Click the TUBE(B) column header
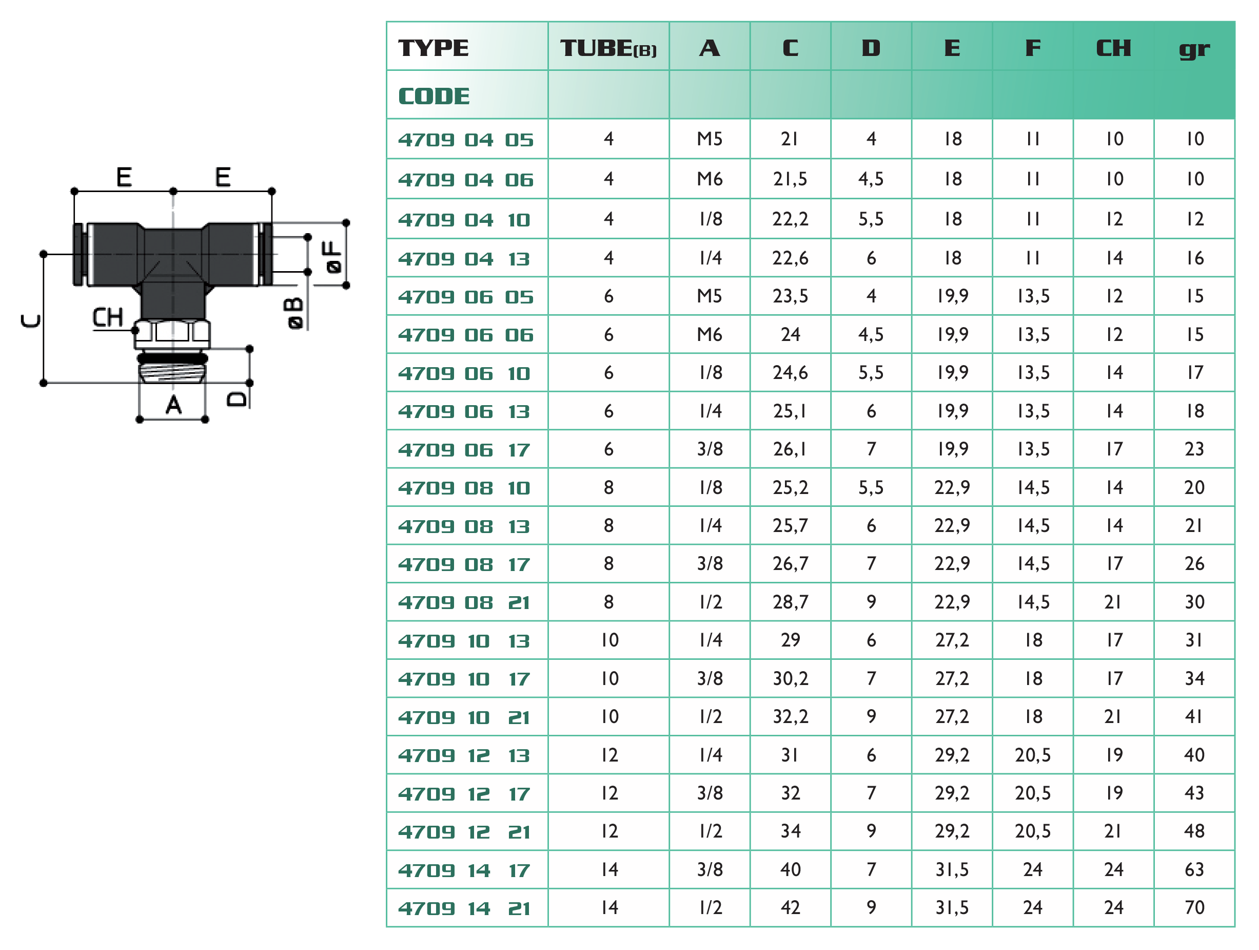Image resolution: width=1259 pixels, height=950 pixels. click(608, 48)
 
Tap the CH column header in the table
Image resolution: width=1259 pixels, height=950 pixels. click(1113, 48)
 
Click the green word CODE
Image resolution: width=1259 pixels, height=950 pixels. click(434, 96)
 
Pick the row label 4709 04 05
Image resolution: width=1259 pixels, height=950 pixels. click(465, 140)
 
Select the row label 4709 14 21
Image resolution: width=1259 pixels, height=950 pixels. click(464, 908)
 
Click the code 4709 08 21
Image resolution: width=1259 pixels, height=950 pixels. click(464, 602)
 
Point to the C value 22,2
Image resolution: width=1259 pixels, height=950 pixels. click(790, 219)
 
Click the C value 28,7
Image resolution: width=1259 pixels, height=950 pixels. click(790, 602)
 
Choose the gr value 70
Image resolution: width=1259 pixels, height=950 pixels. click(1194, 907)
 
